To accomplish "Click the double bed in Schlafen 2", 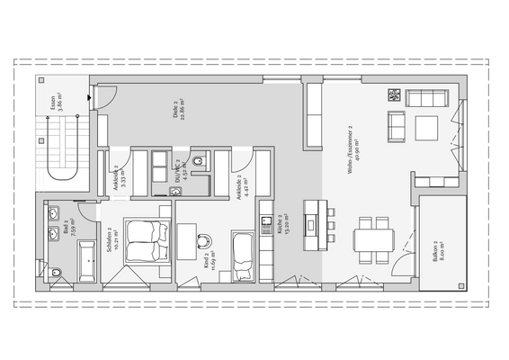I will (x=147, y=241).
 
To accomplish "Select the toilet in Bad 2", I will (x=56, y=271).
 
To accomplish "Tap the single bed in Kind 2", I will (x=243, y=254).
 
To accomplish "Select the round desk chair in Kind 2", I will (x=205, y=240).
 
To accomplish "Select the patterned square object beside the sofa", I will (x=394, y=94).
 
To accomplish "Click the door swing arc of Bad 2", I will (x=87, y=212).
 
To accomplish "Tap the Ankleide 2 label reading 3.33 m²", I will (x=119, y=173).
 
